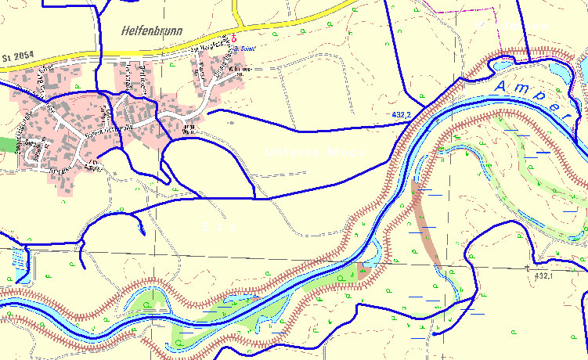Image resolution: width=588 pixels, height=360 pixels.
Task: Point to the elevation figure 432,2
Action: tap(402, 115)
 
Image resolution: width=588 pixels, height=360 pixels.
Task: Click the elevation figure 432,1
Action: tap(543, 276)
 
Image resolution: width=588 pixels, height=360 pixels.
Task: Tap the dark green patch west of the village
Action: tap(7, 144)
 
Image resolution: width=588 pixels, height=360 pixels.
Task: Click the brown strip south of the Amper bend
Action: tap(427, 227)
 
